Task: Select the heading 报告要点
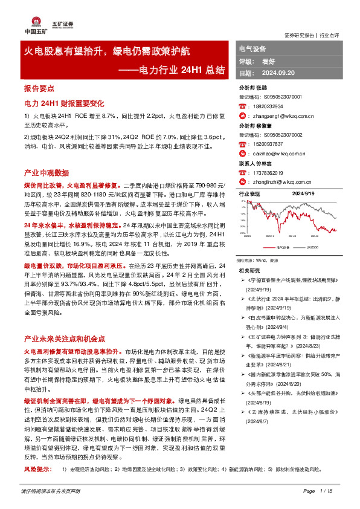coord(39,88)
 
